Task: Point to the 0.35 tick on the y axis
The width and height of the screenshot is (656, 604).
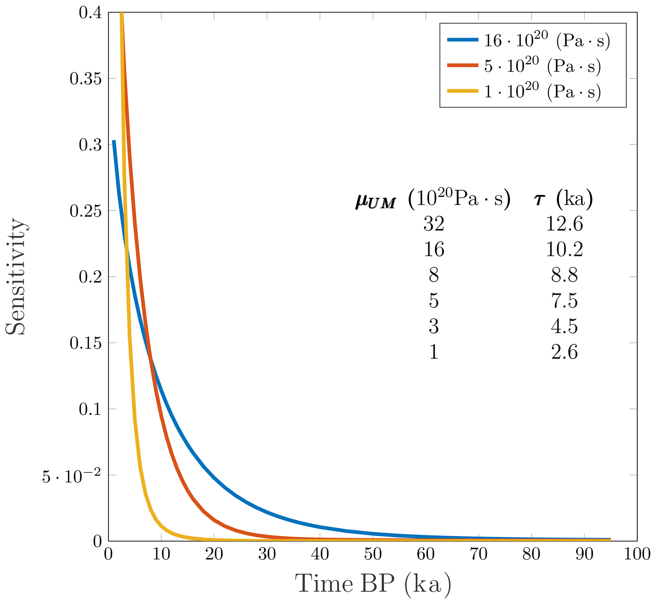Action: click(85, 79)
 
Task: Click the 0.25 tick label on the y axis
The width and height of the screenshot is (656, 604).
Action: click(85, 211)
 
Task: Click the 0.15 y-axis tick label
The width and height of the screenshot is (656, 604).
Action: click(85, 343)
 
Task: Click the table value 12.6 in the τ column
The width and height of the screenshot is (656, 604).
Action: click(565, 224)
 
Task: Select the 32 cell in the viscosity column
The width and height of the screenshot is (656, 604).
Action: click(434, 224)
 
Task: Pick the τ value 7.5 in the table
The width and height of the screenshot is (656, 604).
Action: click(565, 301)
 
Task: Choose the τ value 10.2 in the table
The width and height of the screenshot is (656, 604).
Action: click(565, 250)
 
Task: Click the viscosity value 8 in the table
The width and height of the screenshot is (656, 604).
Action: click(434, 275)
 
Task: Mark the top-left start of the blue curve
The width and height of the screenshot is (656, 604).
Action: click(114, 141)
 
